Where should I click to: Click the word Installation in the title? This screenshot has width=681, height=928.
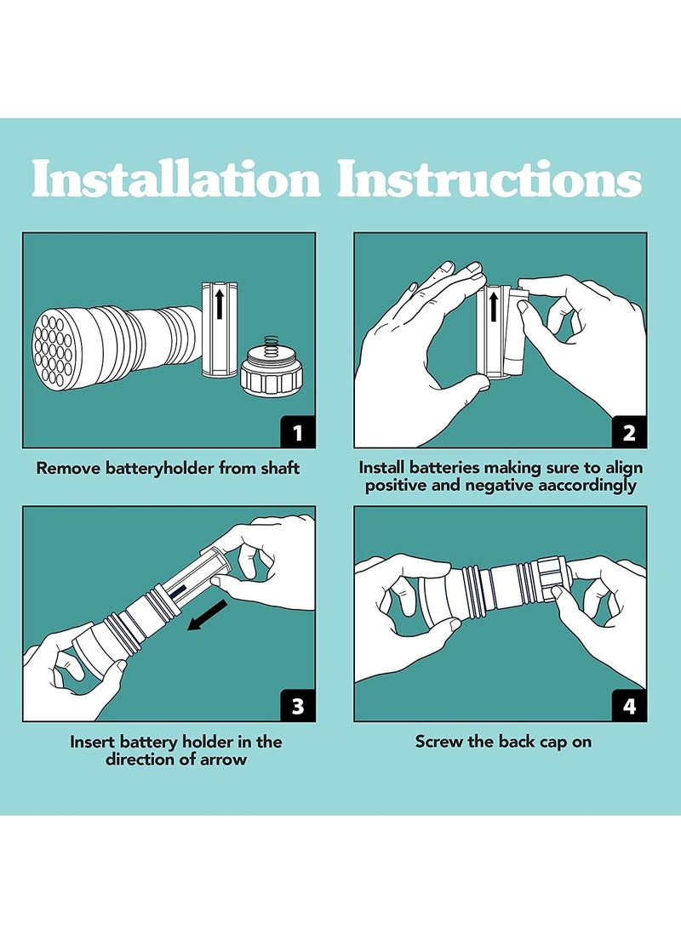(x=175, y=180)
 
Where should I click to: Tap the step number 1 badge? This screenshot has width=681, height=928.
(x=298, y=432)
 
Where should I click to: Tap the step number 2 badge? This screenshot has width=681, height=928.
(x=629, y=432)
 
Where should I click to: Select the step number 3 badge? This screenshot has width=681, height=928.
(x=298, y=706)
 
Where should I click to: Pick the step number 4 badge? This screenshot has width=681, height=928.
(x=629, y=706)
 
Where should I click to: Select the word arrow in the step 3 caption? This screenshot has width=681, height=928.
(x=224, y=760)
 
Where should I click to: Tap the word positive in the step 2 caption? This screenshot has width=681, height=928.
(x=396, y=486)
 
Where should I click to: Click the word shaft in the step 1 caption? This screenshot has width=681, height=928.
(x=278, y=468)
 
